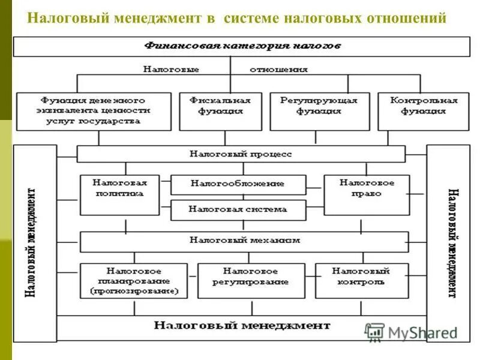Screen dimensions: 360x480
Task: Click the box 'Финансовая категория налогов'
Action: (x=242, y=46)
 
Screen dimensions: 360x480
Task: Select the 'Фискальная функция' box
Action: (x=220, y=111)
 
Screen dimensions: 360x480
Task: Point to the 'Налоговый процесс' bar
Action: (x=241, y=154)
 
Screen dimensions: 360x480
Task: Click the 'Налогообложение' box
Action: (x=238, y=184)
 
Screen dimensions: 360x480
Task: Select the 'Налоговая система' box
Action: (x=238, y=210)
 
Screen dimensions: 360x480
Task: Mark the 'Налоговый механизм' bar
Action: (x=244, y=241)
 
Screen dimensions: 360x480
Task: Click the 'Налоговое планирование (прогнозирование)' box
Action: (x=134, y=281)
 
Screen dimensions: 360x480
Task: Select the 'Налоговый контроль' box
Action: (x=361, y=281)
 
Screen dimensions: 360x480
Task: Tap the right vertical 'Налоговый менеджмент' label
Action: (x=451, y=243)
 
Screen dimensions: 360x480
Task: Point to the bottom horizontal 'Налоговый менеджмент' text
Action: (x=242, y=326)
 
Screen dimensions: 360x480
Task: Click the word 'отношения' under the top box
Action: (x=278, y=70)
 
